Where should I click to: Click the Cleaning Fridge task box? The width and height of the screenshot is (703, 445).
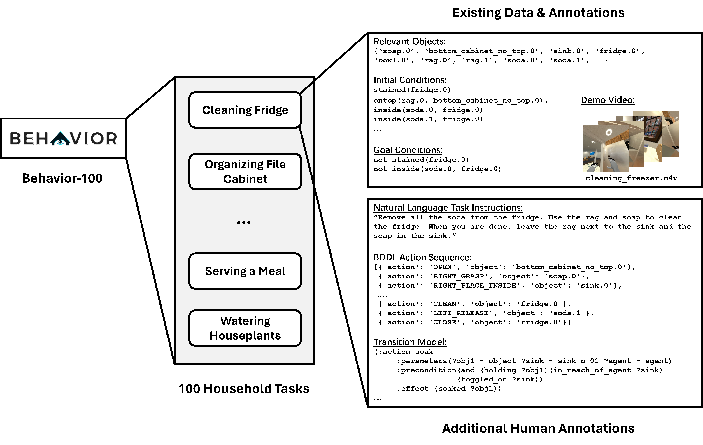tap(245, 110)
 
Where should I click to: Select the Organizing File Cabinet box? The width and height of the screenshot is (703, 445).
tap(245, 172)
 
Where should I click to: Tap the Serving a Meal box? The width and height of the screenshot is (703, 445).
tap(245, 271)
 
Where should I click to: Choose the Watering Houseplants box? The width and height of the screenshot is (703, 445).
tap(245, 328)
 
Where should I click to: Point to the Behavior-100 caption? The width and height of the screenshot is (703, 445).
tap(62, 178)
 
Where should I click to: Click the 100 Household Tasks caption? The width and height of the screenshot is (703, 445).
tap(244, 389)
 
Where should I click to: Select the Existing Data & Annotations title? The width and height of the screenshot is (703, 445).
tap(538, 13)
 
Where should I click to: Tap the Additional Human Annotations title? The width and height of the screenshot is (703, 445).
tap(538, 428)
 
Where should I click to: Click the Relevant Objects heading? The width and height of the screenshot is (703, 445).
tap(409, 41)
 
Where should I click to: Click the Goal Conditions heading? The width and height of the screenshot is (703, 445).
tap(408, 150)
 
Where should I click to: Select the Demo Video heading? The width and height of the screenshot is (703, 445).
tap(608, 100)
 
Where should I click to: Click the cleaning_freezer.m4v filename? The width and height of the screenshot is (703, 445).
tap(631, 178)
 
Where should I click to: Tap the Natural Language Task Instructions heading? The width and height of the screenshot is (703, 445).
tap(448, 207)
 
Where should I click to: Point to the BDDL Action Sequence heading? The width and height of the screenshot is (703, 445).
tap(422, 257)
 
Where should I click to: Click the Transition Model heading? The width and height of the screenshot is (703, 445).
tap(410, 342)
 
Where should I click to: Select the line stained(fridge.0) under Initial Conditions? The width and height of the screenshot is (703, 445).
tap(412, 90)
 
